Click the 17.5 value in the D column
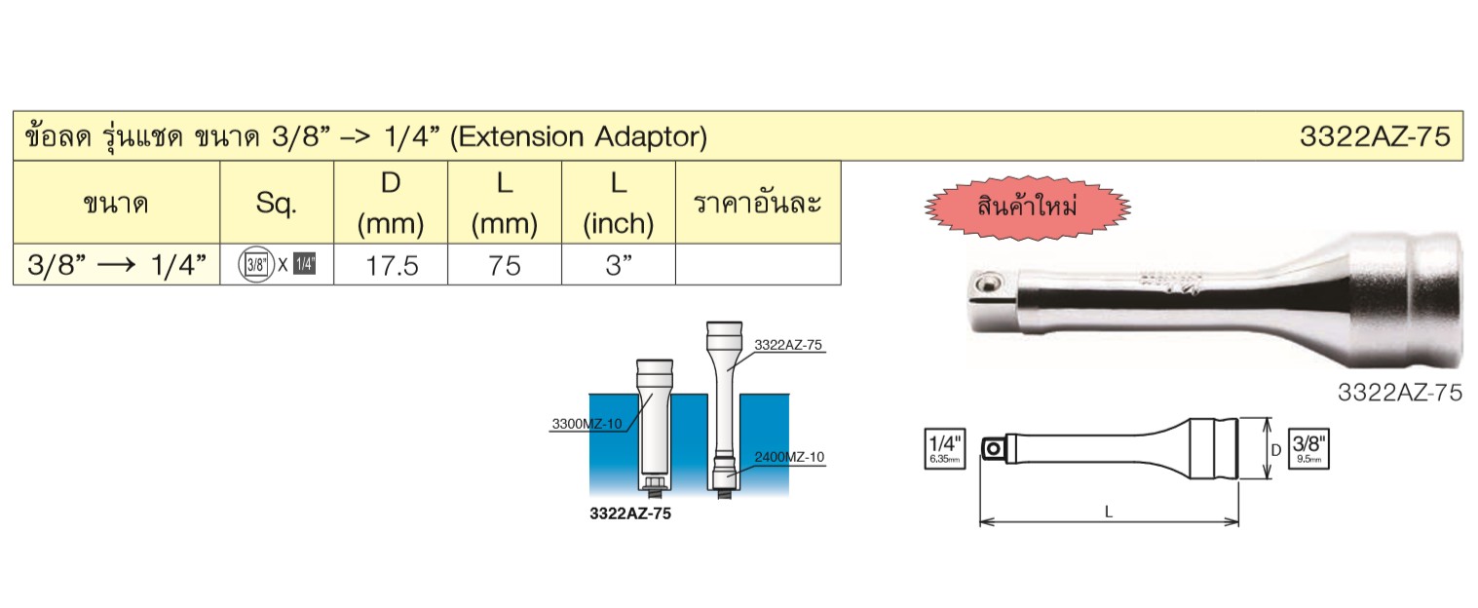click(392, 266)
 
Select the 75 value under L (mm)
click(505, 266)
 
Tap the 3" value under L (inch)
click(619, 265)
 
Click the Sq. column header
click(277, 204)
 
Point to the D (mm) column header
click(391, 204)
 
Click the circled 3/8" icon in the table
click(256, 265)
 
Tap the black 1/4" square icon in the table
click(304, 264)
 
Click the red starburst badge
click(1027, 208)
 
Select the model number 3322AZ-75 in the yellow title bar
click(1375, 136)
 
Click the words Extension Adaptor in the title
click(579, 136)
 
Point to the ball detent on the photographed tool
click(987, 285)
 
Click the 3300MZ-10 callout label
click(587, 424)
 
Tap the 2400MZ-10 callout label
click(789, 457)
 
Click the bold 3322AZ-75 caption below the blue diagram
click(630, 513)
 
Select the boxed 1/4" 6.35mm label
click(945, 449)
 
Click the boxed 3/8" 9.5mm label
click(1308, 449)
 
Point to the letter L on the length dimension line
click(1109, 512)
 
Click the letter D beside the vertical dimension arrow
click(1276, 450)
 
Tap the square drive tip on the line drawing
click(993, 449)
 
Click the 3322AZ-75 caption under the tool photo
click(1400, 393)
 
